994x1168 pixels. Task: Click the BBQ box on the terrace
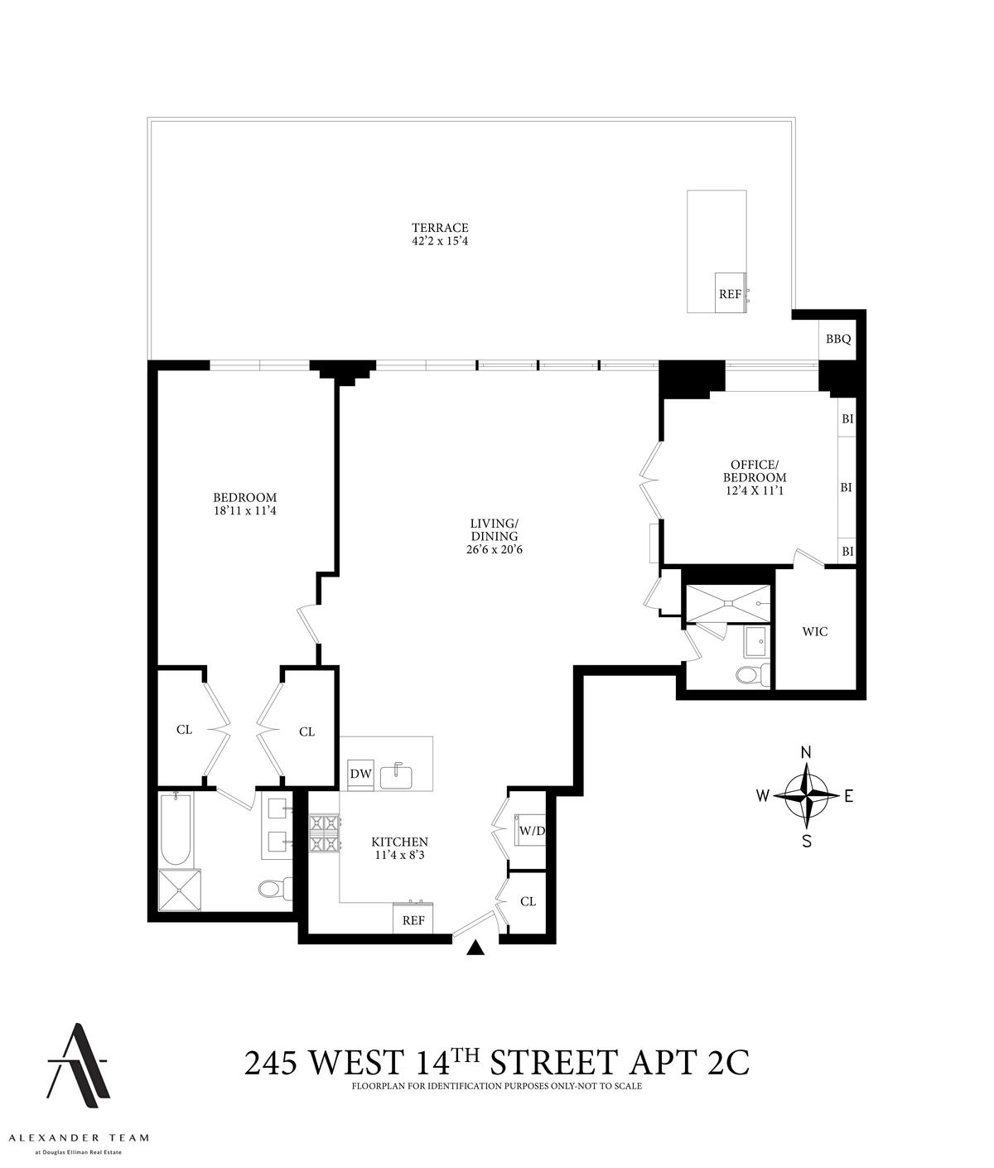point(837,340)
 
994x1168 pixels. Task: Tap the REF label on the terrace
point(730,294)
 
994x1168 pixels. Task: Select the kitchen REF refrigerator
point(413,919)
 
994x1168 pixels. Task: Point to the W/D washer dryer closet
point(527,830)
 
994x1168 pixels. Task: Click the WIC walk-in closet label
point(814,631)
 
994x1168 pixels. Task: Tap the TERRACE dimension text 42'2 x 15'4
point(441,242)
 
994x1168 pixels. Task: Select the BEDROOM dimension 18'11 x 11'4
point(244,511)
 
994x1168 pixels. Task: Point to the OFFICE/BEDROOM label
point(754,471)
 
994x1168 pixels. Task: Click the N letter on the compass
point(805,752)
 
